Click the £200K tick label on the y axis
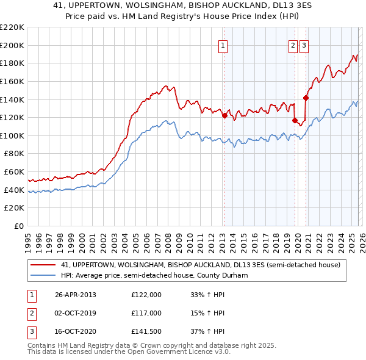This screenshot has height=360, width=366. (12, 45)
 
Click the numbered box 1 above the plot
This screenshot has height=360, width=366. (223, 45)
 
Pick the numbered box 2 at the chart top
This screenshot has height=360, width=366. (293, 45)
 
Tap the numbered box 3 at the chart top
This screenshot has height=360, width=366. (304, 45)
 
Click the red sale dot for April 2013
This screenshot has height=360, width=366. (224, 115)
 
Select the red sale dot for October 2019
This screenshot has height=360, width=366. (295, 120)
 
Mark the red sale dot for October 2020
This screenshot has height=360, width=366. (306, 98)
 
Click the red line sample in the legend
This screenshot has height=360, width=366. (43, 265)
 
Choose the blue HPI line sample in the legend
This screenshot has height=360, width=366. (43, 275)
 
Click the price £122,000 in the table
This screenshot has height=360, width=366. (146, 295)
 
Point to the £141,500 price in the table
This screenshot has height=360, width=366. (146, 331)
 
